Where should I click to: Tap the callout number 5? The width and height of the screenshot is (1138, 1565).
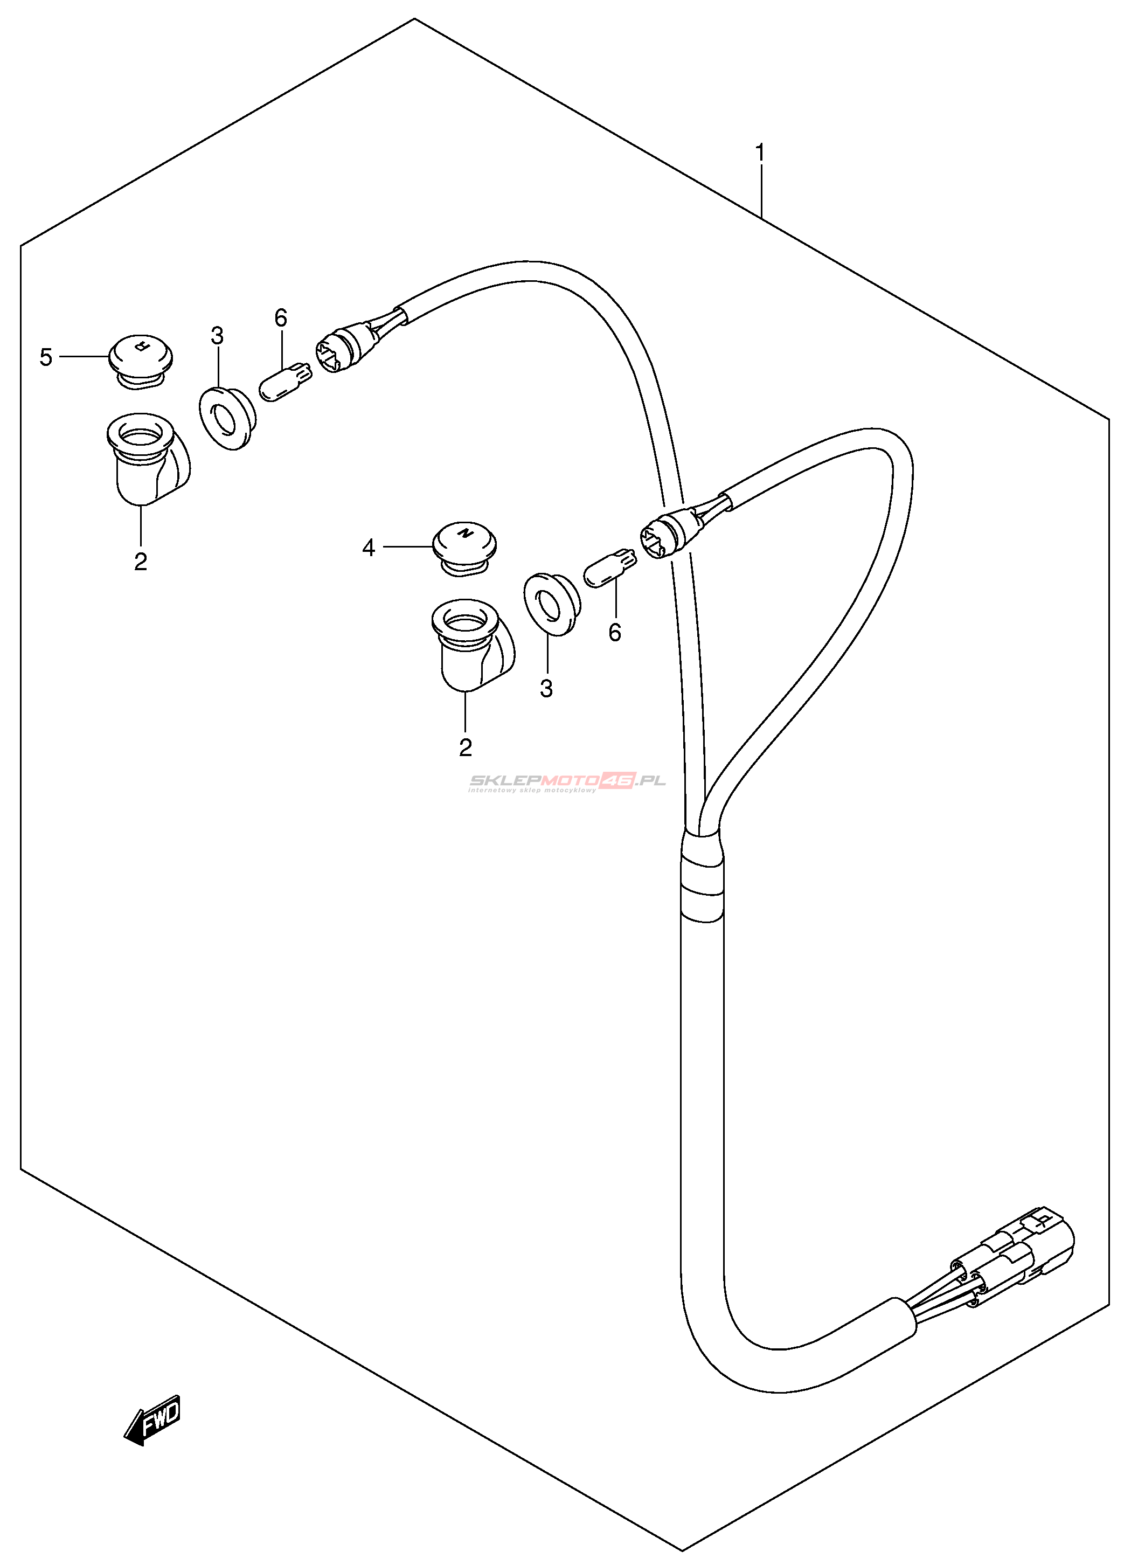pyautogui.click(x=46, y=357)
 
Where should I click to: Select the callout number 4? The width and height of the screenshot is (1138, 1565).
pyautogui.click(x=369, y=548)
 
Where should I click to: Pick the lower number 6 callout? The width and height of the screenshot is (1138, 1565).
pyautogui.click(x=615, y=633)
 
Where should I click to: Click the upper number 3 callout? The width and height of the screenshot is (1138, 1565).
pyautogui.click(x=217, y=337)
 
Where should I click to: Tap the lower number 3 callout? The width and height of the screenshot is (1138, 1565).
pyautogui.click(x=546, y=689)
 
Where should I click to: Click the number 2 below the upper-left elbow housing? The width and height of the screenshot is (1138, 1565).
pyautogui.click(x=141, y=562)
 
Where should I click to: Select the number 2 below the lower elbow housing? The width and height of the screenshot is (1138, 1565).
pyautogui.click(x=466, y=747)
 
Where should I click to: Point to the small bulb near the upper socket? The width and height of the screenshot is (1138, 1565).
pyautogui.click(x=284, y=382)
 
